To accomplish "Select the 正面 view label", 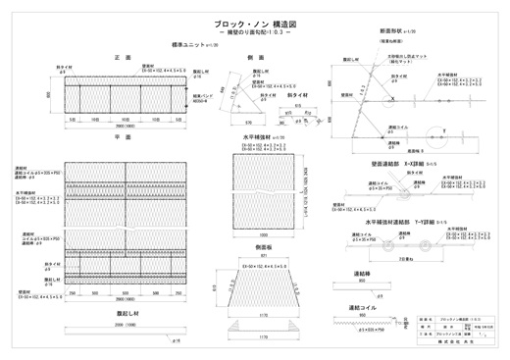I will (122, 58).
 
